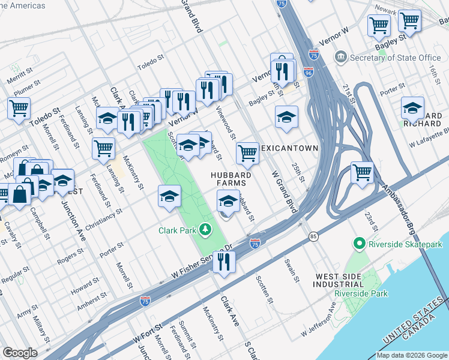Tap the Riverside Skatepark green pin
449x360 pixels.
(360, 244)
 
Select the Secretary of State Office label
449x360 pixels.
(396, 58)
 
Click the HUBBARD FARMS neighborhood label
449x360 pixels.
(229, 179)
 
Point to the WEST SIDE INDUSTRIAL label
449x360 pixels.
(339, 280)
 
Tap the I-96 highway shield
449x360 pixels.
(308, 72)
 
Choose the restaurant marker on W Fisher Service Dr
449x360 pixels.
(224, 261)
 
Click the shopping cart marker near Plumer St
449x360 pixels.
(19, 109)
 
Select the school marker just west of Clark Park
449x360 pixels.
(169, 196)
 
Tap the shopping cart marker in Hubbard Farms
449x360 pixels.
(247, 153)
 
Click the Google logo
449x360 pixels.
(20, 353)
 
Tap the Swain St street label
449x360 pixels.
(293, 271)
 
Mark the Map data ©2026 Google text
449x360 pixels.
(412, 355)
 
